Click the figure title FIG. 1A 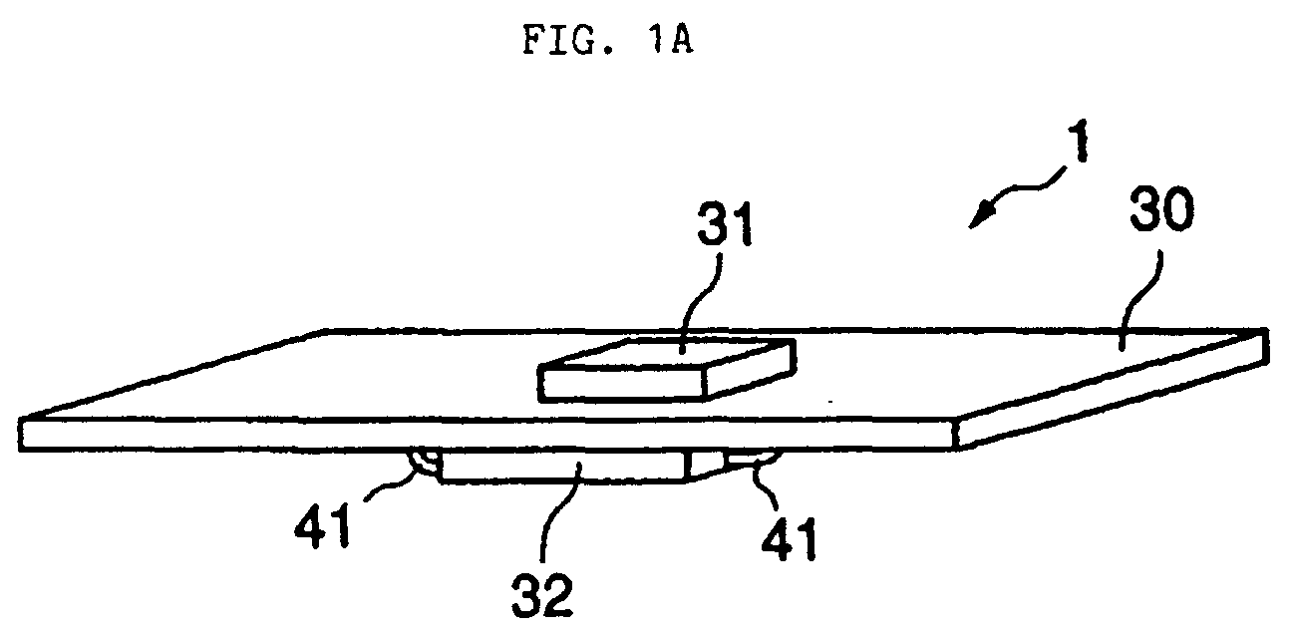click(x=608, y=41)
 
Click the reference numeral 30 click(x=1161, y=210)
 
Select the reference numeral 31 click(x=725, y=224)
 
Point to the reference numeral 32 click(x=542, y=594)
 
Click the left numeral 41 click(x=323, y=525)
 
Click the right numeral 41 click(x=789, y=538)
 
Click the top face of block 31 click(x=666, y=354)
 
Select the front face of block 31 click(x=623, y=384)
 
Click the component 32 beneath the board click(x=564, y=467)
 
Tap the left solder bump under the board click(x=423, y=462)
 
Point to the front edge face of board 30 click(x=487, y=435)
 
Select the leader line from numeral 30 click(x=1140, y=300)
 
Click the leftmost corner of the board click(x=20, y=420)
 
